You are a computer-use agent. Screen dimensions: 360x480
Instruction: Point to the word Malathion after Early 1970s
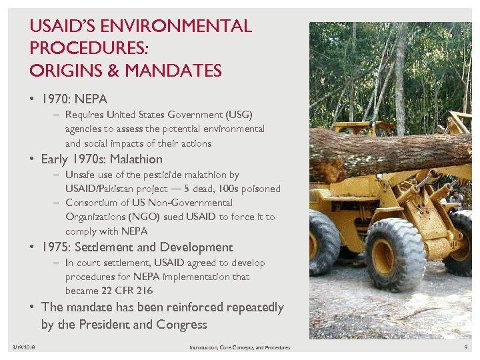tap(136, 159)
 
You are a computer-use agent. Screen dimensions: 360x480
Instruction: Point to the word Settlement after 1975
tap(107, 247)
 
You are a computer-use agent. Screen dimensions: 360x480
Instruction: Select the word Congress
tap(181, 325)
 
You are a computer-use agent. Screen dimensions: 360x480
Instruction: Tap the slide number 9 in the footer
tap(465, 348)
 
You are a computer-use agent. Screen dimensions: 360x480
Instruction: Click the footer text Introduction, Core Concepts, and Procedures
tap(239, 348)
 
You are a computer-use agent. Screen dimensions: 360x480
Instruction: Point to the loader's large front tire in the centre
tap(390, 255)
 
